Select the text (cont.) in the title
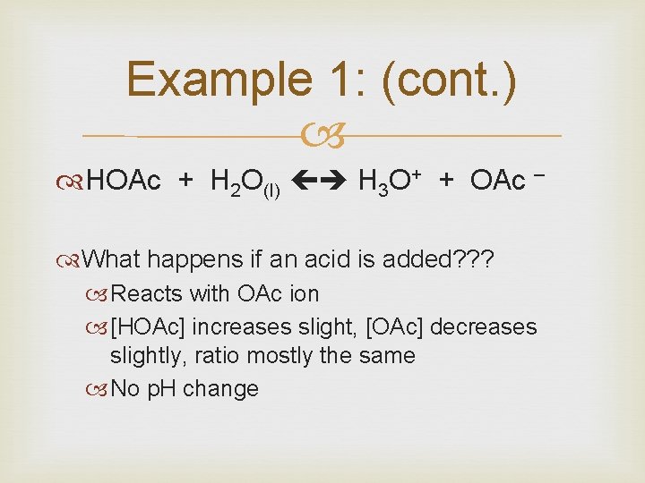(449, 80)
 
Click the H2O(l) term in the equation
(245, 183)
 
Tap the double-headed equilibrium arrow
(320, 182)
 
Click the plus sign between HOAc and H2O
(185, 182)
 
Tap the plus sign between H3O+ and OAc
(445, 182)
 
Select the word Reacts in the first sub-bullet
(147, 293)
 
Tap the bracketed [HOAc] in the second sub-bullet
(147, 326)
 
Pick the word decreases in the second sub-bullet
(486, 326)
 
